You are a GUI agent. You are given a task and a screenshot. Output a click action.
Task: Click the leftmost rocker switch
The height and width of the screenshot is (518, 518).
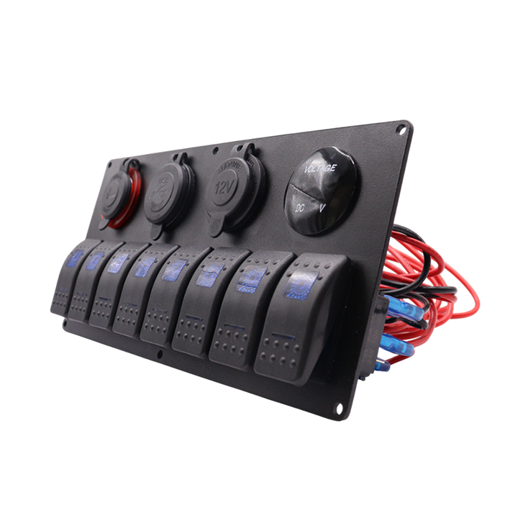66,281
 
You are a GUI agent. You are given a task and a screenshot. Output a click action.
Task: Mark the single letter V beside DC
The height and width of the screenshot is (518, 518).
322,207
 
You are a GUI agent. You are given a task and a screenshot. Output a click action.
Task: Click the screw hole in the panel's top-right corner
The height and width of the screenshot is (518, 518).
400,130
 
